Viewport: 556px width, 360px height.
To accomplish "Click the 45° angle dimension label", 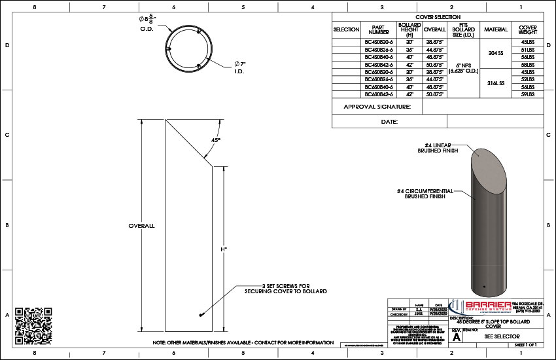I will tap(215, 140).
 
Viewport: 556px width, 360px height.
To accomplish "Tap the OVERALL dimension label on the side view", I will tap(141, 226).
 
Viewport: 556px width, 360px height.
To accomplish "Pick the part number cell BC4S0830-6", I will tap(379, 42).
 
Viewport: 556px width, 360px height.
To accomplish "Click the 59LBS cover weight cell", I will tap(529, 95).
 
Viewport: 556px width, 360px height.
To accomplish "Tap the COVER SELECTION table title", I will tap(438, 17).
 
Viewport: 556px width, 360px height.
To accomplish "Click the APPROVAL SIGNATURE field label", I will tap(377, 107).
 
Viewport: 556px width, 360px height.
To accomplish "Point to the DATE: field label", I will tap(389, 122).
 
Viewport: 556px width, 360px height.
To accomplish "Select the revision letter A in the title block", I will tap(457, 338).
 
